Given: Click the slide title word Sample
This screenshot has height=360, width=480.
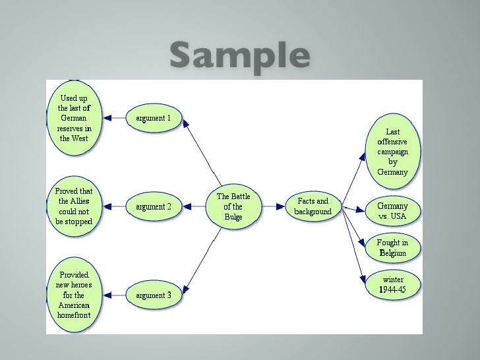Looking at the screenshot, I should pos(239,57).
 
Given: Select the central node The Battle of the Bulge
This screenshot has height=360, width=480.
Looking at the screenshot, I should pos(233,206).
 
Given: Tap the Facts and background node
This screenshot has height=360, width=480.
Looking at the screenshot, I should pos(313,206).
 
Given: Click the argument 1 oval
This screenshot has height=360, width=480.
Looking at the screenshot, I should pos(153,119).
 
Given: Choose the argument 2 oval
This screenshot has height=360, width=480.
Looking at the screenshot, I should pos(154,206).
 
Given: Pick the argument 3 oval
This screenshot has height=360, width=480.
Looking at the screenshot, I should pos(154,295).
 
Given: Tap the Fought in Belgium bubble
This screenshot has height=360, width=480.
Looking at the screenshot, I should pos(392,247).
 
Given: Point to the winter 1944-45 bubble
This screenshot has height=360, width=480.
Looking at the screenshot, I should pos(393,284).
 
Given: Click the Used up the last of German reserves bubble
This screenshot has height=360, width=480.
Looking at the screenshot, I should pos(74,119).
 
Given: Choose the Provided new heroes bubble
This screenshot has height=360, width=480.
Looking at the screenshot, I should pos(74,295).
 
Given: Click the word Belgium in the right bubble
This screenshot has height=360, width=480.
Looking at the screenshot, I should pos(392,253).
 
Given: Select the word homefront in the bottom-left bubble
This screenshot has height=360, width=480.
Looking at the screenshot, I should pos(73,315).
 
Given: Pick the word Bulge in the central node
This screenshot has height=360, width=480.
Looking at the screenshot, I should pos(233,217).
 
